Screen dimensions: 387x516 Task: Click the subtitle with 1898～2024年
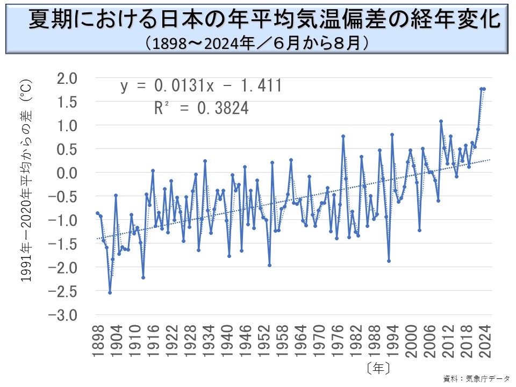(257, 42)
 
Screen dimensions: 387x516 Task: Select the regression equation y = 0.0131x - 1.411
(200, 86)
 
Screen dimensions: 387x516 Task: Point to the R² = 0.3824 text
(202, 109)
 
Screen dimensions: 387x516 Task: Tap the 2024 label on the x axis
(486, 338)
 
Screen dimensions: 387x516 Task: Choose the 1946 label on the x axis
(246, 338)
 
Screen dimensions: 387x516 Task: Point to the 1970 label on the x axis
(320, 338)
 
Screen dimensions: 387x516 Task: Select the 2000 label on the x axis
(412, 338)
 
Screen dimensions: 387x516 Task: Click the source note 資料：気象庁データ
(476, 378)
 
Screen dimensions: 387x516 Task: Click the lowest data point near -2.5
(110, 292)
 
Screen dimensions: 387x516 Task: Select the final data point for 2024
(484, 89)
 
